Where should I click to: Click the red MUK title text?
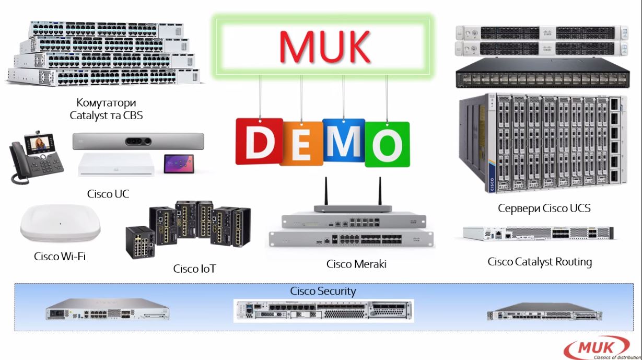coord(324,46)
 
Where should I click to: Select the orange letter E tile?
coord(301,143)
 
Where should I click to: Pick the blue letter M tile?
coord(344,141)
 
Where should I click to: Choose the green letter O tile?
coord(387,144)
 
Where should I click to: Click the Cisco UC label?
coord(108,194)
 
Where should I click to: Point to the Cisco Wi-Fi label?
coord(60,256)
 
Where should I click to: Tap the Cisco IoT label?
coord(194,269)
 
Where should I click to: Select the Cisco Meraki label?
coord(356,264)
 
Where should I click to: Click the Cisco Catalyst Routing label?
coord(540,261)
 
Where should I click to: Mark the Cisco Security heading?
coord(323,291)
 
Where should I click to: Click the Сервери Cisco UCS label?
coord(544,208)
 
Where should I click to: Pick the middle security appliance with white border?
coord(323,310)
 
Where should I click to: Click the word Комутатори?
coord(106,102)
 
